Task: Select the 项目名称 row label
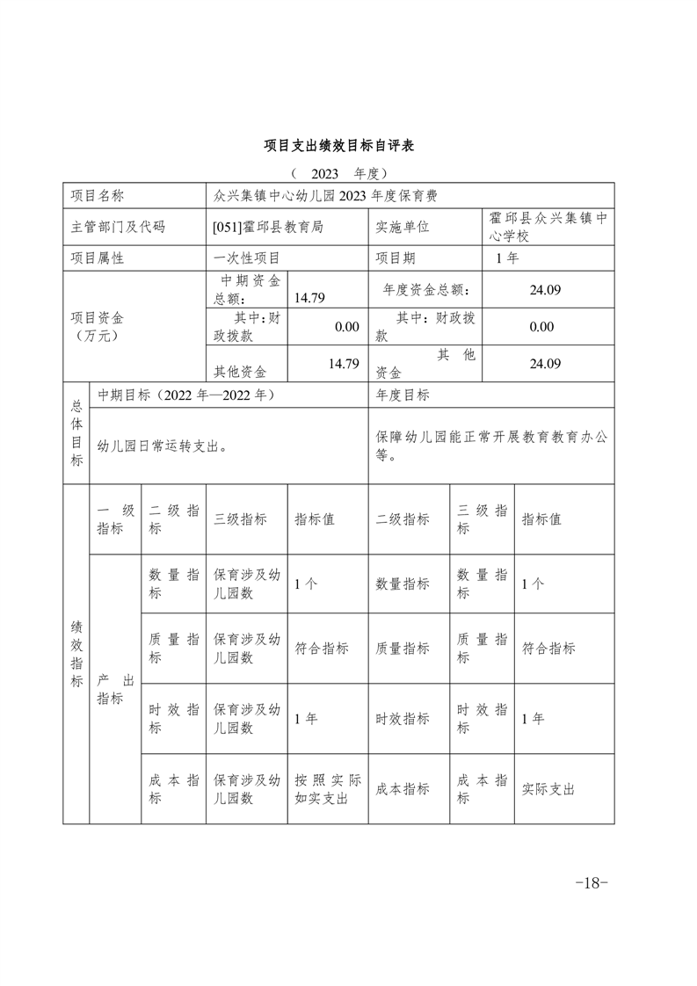(x=98, y=195)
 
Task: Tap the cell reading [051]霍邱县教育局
(x=268, y=227)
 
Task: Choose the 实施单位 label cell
(x=403, y=227)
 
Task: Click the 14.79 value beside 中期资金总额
(x=310, y=298)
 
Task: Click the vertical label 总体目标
(x=76, y=433)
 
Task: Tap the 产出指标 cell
(x=115, y=689)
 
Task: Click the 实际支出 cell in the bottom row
(x=548, y=789)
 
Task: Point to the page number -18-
(x=591, y=883)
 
